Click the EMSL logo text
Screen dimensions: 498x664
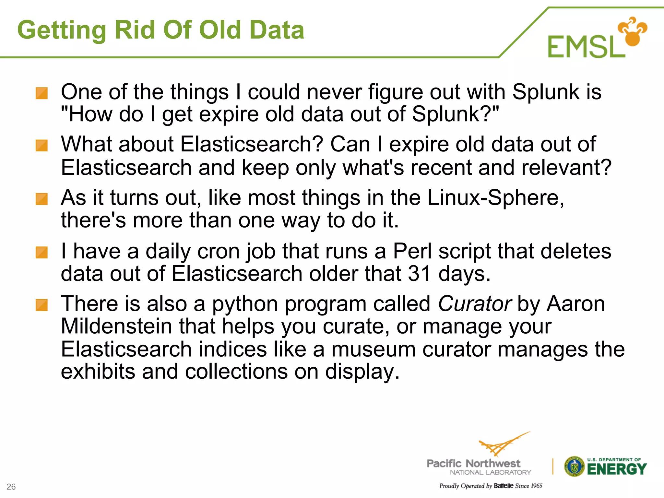pyautogui.click(x=586, y=47)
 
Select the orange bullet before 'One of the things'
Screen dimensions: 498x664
pyautogui.click(x=41, y=93)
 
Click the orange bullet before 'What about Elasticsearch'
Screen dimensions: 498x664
pyautogui.click(x=41, y=146)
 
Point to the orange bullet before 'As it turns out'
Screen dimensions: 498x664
pyautogui.click(x=41, y=199)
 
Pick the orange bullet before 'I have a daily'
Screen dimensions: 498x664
pyautogui.click(x=41, y=252)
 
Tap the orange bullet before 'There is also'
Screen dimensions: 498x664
pyautogui.click(x=41, y=305)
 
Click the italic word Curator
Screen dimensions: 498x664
pyautogui.click(x=475, y=304)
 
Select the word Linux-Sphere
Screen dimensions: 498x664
pyautogui.click(x=495, y=198)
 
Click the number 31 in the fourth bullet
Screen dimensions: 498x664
pyautogui.click(x=419, y=274)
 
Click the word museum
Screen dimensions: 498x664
pyautogui.click(x=373, y=350)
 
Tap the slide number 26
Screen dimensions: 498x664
pyautogui.click(x=11, y=487)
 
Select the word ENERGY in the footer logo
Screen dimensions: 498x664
pyautogui.click(x=617, y=469)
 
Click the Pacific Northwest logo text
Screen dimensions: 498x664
pyautogui.click(x=473, y=464)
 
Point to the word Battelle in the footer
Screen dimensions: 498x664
pyautogui.click(x=504, y=486)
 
